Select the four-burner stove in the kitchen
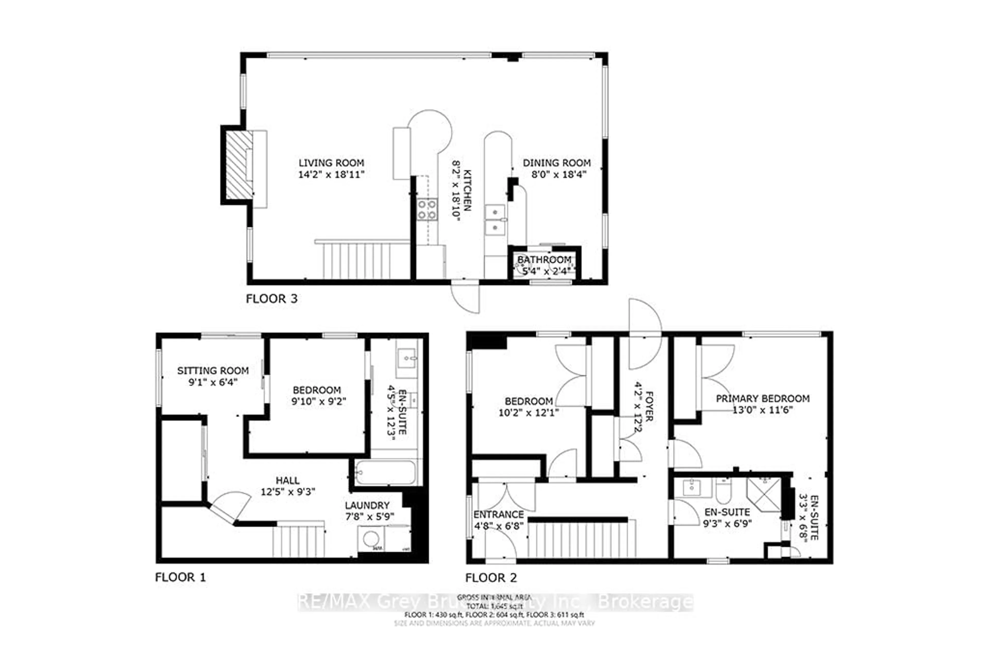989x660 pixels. click(427, 210)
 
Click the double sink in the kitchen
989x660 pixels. click(495, 220)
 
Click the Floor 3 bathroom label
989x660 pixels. click(544, 260)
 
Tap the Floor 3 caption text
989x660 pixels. click(271, 299)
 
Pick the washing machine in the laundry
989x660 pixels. click(371, 539)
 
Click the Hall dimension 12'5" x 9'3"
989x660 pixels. click(288, 492)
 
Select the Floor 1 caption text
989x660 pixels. click(181, 577)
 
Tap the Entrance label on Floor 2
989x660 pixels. click(499, 514)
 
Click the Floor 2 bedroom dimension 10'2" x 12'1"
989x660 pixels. click(528, 413)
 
